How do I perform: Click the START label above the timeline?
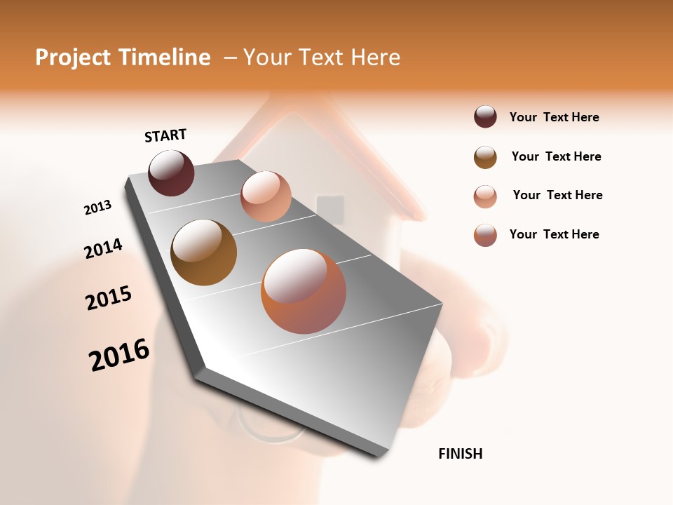pos(165,135)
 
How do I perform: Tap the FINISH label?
pos(460,454)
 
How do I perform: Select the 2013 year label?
pos(97,208)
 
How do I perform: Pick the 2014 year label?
pos(103,249)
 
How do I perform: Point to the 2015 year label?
pos(109,298)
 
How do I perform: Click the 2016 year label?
pos(119,355)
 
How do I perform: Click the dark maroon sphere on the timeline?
pos(171,173)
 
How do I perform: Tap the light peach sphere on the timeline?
pos(266,196)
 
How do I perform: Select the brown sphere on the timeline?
pos(204,252)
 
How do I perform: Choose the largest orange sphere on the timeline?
pos(304,291)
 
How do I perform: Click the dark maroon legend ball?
pos(485,117)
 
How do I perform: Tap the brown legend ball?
pos(485,157)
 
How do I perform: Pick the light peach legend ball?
pos(485,196)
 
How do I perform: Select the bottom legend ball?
pos(485,235)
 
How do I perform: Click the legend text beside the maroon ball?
pos(554,117)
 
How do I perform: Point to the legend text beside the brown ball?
pos(556,156)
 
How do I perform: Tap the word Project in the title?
pos(72,58)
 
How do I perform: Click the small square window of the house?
pos(330,209)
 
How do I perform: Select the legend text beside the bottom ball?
pos(554,234)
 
